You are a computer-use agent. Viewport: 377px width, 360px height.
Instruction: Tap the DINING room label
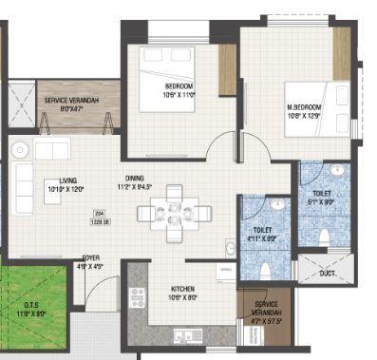pyautogui.click(x=137, y=178)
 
